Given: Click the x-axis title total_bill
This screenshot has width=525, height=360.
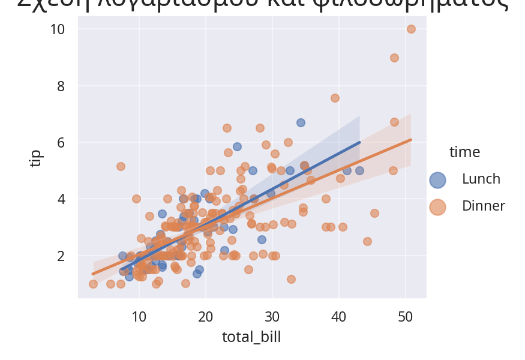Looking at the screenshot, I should click(251, 337).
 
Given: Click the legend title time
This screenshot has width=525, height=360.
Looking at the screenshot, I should click(464, 152).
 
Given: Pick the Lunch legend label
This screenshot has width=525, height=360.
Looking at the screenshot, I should click(481, 179).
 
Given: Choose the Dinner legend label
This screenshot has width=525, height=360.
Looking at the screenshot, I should click(483, 206).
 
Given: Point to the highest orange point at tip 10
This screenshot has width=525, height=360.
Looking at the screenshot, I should click(411, 29).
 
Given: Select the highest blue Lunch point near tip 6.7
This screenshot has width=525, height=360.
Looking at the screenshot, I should click(301, 122).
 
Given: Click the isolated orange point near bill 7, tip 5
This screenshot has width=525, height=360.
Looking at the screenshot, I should click(121, 166).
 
